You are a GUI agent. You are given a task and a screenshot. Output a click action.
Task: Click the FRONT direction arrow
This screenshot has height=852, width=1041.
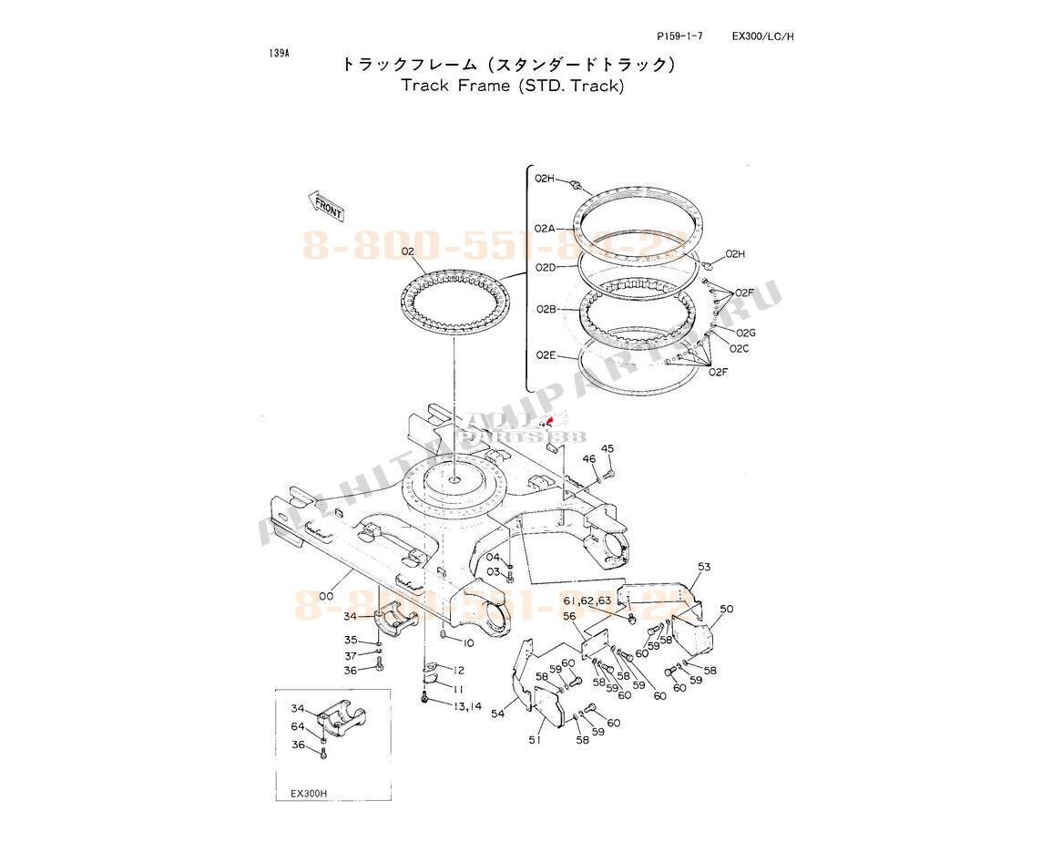[326, 207]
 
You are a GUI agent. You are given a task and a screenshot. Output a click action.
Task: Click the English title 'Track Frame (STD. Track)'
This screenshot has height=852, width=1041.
[513, 87]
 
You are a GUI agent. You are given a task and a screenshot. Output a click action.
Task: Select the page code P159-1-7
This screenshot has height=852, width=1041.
[680, 36]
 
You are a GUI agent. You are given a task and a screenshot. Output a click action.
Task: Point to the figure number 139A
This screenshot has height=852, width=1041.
[279, 53]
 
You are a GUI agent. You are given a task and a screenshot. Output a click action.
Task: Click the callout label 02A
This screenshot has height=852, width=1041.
[545, 227]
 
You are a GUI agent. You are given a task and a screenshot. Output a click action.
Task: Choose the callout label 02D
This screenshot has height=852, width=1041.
[545, 267]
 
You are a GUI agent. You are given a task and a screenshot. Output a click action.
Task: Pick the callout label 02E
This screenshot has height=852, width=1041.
[545, 354]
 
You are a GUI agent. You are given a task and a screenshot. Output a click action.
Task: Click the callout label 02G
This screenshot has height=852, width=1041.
[746, 333]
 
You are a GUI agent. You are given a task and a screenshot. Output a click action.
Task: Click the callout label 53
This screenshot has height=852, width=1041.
[703, 567]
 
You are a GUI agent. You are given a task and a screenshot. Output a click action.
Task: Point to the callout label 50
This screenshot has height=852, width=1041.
[726, 609]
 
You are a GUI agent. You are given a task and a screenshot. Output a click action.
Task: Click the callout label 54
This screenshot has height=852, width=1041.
[497, 714]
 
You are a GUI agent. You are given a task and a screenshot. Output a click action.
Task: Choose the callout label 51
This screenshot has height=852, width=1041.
[535, 740]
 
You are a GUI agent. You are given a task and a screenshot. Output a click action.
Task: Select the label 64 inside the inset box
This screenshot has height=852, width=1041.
[298, 726]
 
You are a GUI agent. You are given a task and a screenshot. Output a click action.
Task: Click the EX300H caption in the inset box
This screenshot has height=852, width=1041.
[309, 793]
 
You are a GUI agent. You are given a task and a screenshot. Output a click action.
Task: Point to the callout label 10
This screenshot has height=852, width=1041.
[469, 643]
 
